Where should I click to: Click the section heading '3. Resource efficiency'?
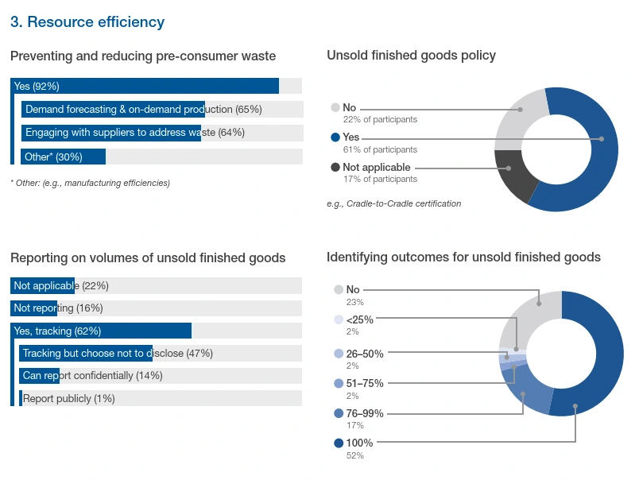coord(87,22)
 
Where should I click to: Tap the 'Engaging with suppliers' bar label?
coord(135,133)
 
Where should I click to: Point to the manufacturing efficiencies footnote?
coord(90,183)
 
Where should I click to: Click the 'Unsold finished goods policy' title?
coord(411,56)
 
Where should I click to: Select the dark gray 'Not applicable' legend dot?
coord(335,168)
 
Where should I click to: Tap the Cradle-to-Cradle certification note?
coord(393,203)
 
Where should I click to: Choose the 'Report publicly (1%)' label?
coord(69,398)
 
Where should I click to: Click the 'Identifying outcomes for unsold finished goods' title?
coord(463,257)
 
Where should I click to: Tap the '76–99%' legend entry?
coord(365,413)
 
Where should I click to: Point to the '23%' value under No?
coord(355,302)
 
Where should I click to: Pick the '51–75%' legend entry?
coord(365,383)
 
